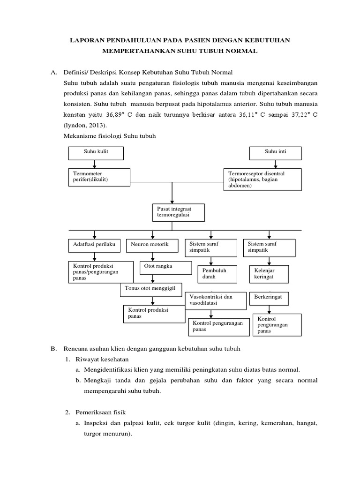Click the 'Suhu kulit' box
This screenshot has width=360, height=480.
pos(96,153)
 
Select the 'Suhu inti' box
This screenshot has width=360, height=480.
pos(270,153)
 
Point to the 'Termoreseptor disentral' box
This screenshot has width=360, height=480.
pos(262,180)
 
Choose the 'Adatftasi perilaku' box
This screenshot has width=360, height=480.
pos(95,245)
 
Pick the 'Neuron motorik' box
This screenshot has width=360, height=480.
pos(150,245)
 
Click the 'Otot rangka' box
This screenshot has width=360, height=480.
pos(165,267)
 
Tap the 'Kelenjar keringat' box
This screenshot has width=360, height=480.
pos(270,274)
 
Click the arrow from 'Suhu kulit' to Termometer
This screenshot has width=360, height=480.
pos(96,164)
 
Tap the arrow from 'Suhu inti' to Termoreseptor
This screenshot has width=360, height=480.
pos(269,164)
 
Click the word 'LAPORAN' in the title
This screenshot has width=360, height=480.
pos(88,41)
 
